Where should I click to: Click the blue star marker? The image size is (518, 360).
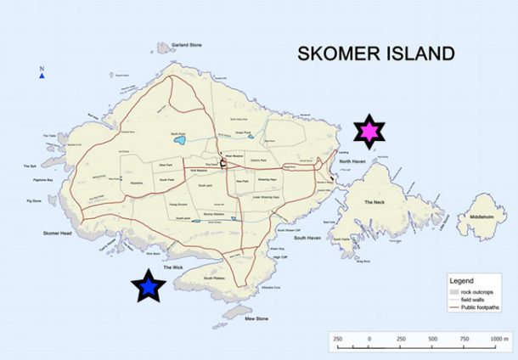[x=149, y=288]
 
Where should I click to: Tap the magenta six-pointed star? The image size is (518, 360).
[x=369, y=132]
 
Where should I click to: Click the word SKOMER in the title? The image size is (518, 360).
[x=335, y=54]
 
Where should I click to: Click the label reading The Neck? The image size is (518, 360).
[x=374, y=202]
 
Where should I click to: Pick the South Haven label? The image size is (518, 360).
[x=307, y=239]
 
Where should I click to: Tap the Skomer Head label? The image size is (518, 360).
[x=59, y=232]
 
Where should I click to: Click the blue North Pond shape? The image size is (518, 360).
[x=177, y=143]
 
